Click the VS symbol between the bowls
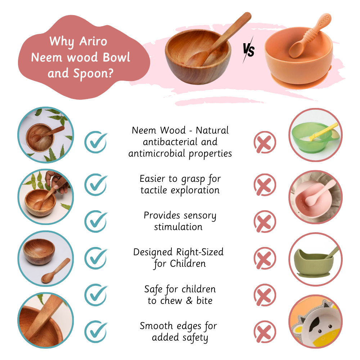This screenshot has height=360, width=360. pyautogui.click(x=248, y=51)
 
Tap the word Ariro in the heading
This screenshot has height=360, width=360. pyautogui.click(x=93, y=41)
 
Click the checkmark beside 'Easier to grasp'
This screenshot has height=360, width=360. pyautogui.click(x=95, y=184)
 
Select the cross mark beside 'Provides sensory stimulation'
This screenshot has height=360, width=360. pyautogui.click(x=265, y=221)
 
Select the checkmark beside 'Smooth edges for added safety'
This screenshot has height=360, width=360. pyautogui.click(x=95, y=331)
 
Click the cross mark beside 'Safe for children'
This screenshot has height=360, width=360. pyautogui.click(x=265, y=294)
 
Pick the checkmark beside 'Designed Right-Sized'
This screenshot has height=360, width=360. pyautogui.click(x=95, y=258)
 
